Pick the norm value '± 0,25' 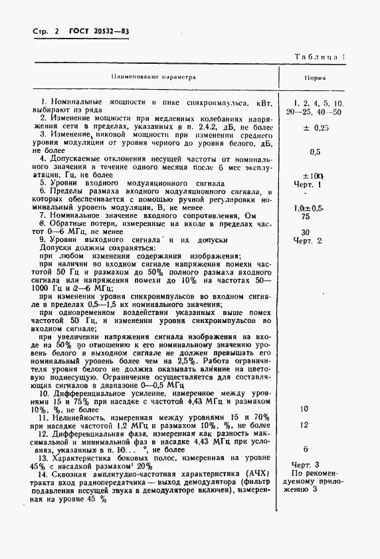pyautogui.click(x=316, y=127)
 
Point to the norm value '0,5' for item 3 pyautogui.click(x=315, y=152)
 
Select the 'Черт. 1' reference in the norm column pyautogui.click(x=310, y=184)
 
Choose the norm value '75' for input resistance pyautogui.click(x=306, y=217)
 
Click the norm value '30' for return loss pyautogui.click(x=306, y=232)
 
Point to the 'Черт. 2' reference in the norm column pyautogui.click(x=310, y=241)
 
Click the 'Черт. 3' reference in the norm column pyautogui.click(x=306, y=465)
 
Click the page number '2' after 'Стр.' pyautogui.click(x=57, y=32)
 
